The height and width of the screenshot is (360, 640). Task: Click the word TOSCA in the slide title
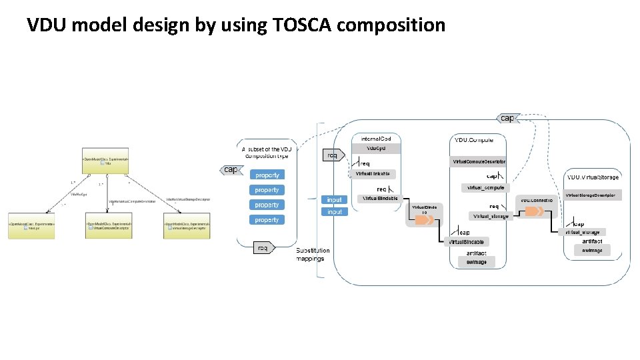pyautogui.click(x=301, y=25)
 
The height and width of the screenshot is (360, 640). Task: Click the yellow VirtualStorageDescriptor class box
pyautogui.click(x=187, y=226)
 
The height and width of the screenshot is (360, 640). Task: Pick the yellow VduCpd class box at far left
pyautogui.click(x=31, y=226)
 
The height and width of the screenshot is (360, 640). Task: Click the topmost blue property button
pyautogui.click(x=267, y=175)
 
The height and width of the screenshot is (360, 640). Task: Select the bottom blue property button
pyautogui.click(x=267, y=219)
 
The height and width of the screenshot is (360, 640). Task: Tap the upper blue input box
pyautogui.click(x=334, y=199)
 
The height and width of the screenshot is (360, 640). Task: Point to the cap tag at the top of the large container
pyautogui.click(x=506, y=118)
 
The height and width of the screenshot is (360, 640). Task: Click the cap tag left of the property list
pyautogui.click(x=230, y=169)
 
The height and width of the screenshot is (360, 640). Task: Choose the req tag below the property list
pyautogui.click(x=263, y=248)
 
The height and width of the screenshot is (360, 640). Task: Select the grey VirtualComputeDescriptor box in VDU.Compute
pyautogui.click(x=479, y=162)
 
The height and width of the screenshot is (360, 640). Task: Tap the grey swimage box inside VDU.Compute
pyautogui.click(x=476, y=263)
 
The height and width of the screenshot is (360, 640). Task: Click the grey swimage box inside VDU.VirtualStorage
pyautogui.click(x=591, y=251)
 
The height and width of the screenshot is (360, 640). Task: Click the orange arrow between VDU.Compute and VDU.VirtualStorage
pyautogui.click(x=533, y=211)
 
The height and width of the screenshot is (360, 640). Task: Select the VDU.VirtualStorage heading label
pyautogui.click(x=592, y=177)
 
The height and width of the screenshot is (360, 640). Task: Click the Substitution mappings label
pyautogui.click(x=312, y=255)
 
